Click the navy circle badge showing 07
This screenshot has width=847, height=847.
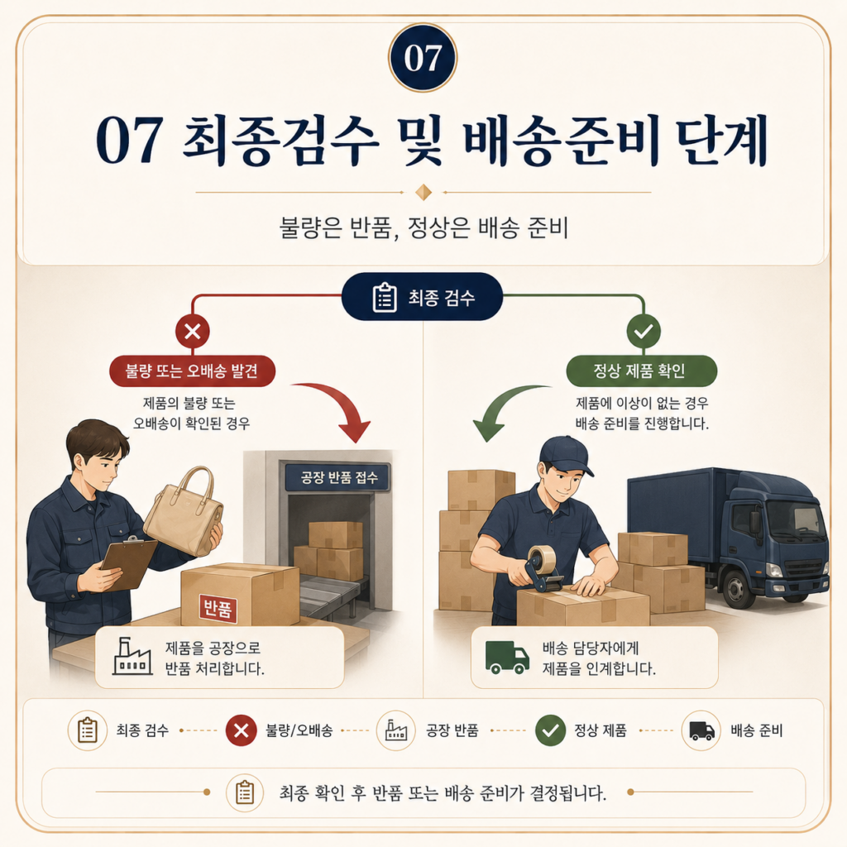coord(423,58)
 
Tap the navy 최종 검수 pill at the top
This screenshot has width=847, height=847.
coord(423,297)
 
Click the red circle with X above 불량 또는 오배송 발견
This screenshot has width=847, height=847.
coord(193,331)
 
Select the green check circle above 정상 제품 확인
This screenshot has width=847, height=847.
coord(644,331)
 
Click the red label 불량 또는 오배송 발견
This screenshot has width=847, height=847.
coord(192,371)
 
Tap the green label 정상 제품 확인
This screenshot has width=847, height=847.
coord(641,371)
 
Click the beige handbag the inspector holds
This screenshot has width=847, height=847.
coord(184,513)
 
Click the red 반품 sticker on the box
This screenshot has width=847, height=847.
coord(218,609)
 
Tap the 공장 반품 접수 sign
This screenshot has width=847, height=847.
coord(338,477)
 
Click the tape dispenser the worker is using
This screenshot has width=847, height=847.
coord(542,568)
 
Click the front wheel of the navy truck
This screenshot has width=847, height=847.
coord(737,588)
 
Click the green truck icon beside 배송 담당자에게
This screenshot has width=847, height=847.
coord(507,658)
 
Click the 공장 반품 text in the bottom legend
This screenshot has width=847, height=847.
coord(452,731)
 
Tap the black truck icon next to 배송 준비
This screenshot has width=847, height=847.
coord(701,731)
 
